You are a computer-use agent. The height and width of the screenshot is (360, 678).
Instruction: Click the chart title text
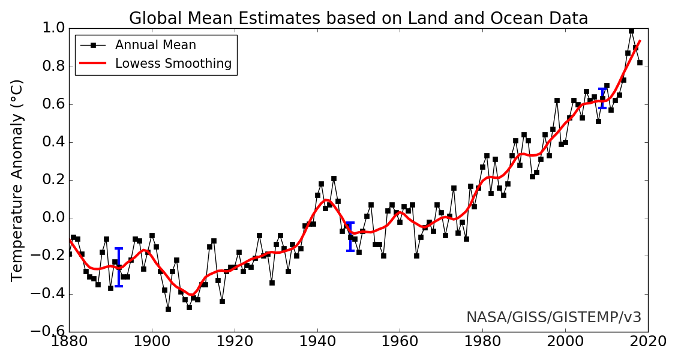point(358,18)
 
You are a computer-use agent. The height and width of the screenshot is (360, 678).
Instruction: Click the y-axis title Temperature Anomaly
point(17,180)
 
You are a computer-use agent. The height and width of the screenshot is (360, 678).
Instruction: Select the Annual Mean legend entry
point(155,45)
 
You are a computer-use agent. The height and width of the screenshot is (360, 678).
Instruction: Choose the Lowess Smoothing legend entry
point(173,64)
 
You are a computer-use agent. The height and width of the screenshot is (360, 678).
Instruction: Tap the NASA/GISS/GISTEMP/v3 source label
point(554,317)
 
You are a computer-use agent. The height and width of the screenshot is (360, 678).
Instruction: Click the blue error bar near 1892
point(119,267)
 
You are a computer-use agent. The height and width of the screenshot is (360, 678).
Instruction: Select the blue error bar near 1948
point(350,236)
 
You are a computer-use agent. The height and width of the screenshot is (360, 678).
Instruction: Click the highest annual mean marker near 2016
point(631,31)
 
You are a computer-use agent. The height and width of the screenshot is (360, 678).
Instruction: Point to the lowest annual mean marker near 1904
point(168,309)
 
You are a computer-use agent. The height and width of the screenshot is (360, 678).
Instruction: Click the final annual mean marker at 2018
point(640,62)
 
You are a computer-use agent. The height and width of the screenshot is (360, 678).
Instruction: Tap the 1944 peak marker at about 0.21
point(334,178)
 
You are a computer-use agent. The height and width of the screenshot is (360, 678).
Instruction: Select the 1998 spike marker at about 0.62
point(557,100)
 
